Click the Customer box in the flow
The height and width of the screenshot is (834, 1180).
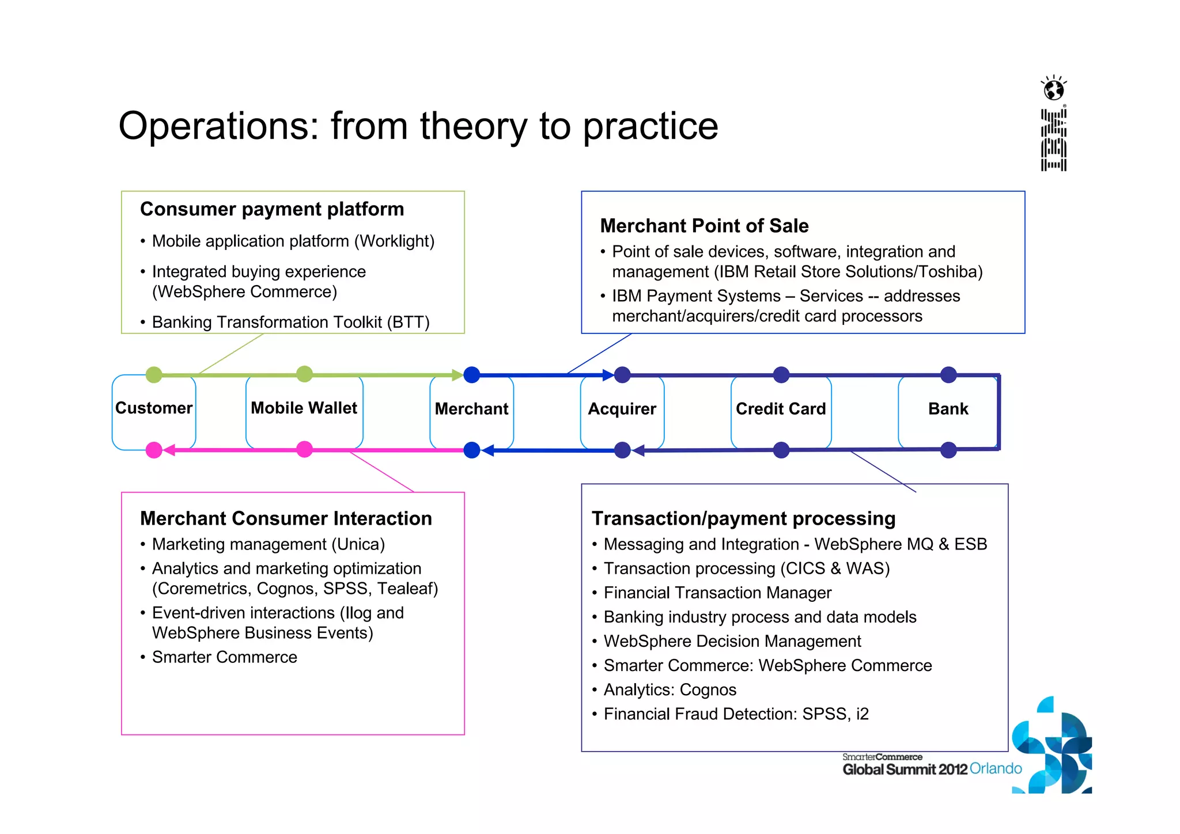point(154,408)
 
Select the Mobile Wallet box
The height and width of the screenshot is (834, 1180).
point(304,408)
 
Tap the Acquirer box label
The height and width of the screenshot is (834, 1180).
point(622,409)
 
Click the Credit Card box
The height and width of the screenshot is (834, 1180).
point(781,409)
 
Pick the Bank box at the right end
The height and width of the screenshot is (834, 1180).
point(948,409)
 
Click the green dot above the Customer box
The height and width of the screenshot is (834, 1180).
point(154,375)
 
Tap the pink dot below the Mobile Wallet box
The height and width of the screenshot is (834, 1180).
point(304,449)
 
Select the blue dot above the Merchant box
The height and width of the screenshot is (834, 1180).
point(472,375)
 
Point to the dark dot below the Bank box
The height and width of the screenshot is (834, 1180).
point(948,450)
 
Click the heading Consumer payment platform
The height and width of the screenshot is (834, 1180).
point(272,209)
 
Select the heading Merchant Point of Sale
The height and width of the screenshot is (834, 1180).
point(704,226)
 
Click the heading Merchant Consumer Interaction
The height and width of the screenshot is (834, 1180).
point(286,518)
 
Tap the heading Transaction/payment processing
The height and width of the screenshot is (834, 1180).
point(743,518)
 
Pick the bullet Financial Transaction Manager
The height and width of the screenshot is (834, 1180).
point(717,593)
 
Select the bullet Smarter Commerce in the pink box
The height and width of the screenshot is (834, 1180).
point(225,657)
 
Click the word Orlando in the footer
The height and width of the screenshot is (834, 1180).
point(996,769)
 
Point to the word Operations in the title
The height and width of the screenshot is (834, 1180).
point(218,126)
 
